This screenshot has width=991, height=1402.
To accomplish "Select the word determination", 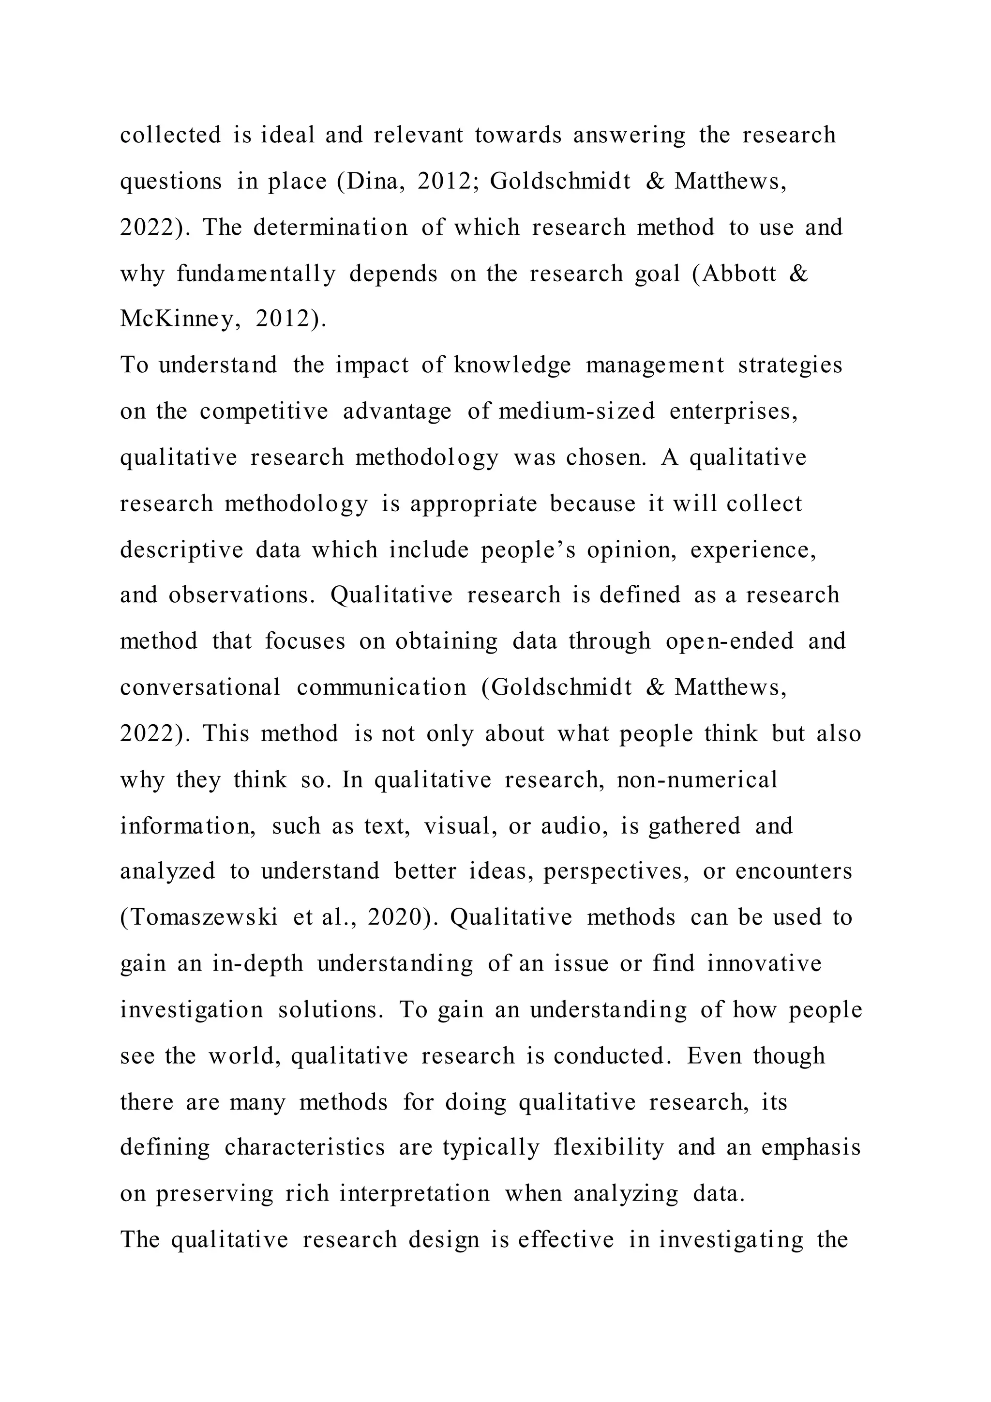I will (x=330, y=228).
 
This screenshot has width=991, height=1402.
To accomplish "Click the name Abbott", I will (x=738, y=274).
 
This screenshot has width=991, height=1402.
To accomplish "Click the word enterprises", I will (x=734, y=411).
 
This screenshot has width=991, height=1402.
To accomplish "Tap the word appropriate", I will (x=474, y=504).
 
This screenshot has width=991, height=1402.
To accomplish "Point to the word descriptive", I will (x=181, y=550).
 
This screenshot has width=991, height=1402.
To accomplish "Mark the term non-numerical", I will (x=697, y=780).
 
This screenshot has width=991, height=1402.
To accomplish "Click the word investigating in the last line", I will (x=731, y=1240).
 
